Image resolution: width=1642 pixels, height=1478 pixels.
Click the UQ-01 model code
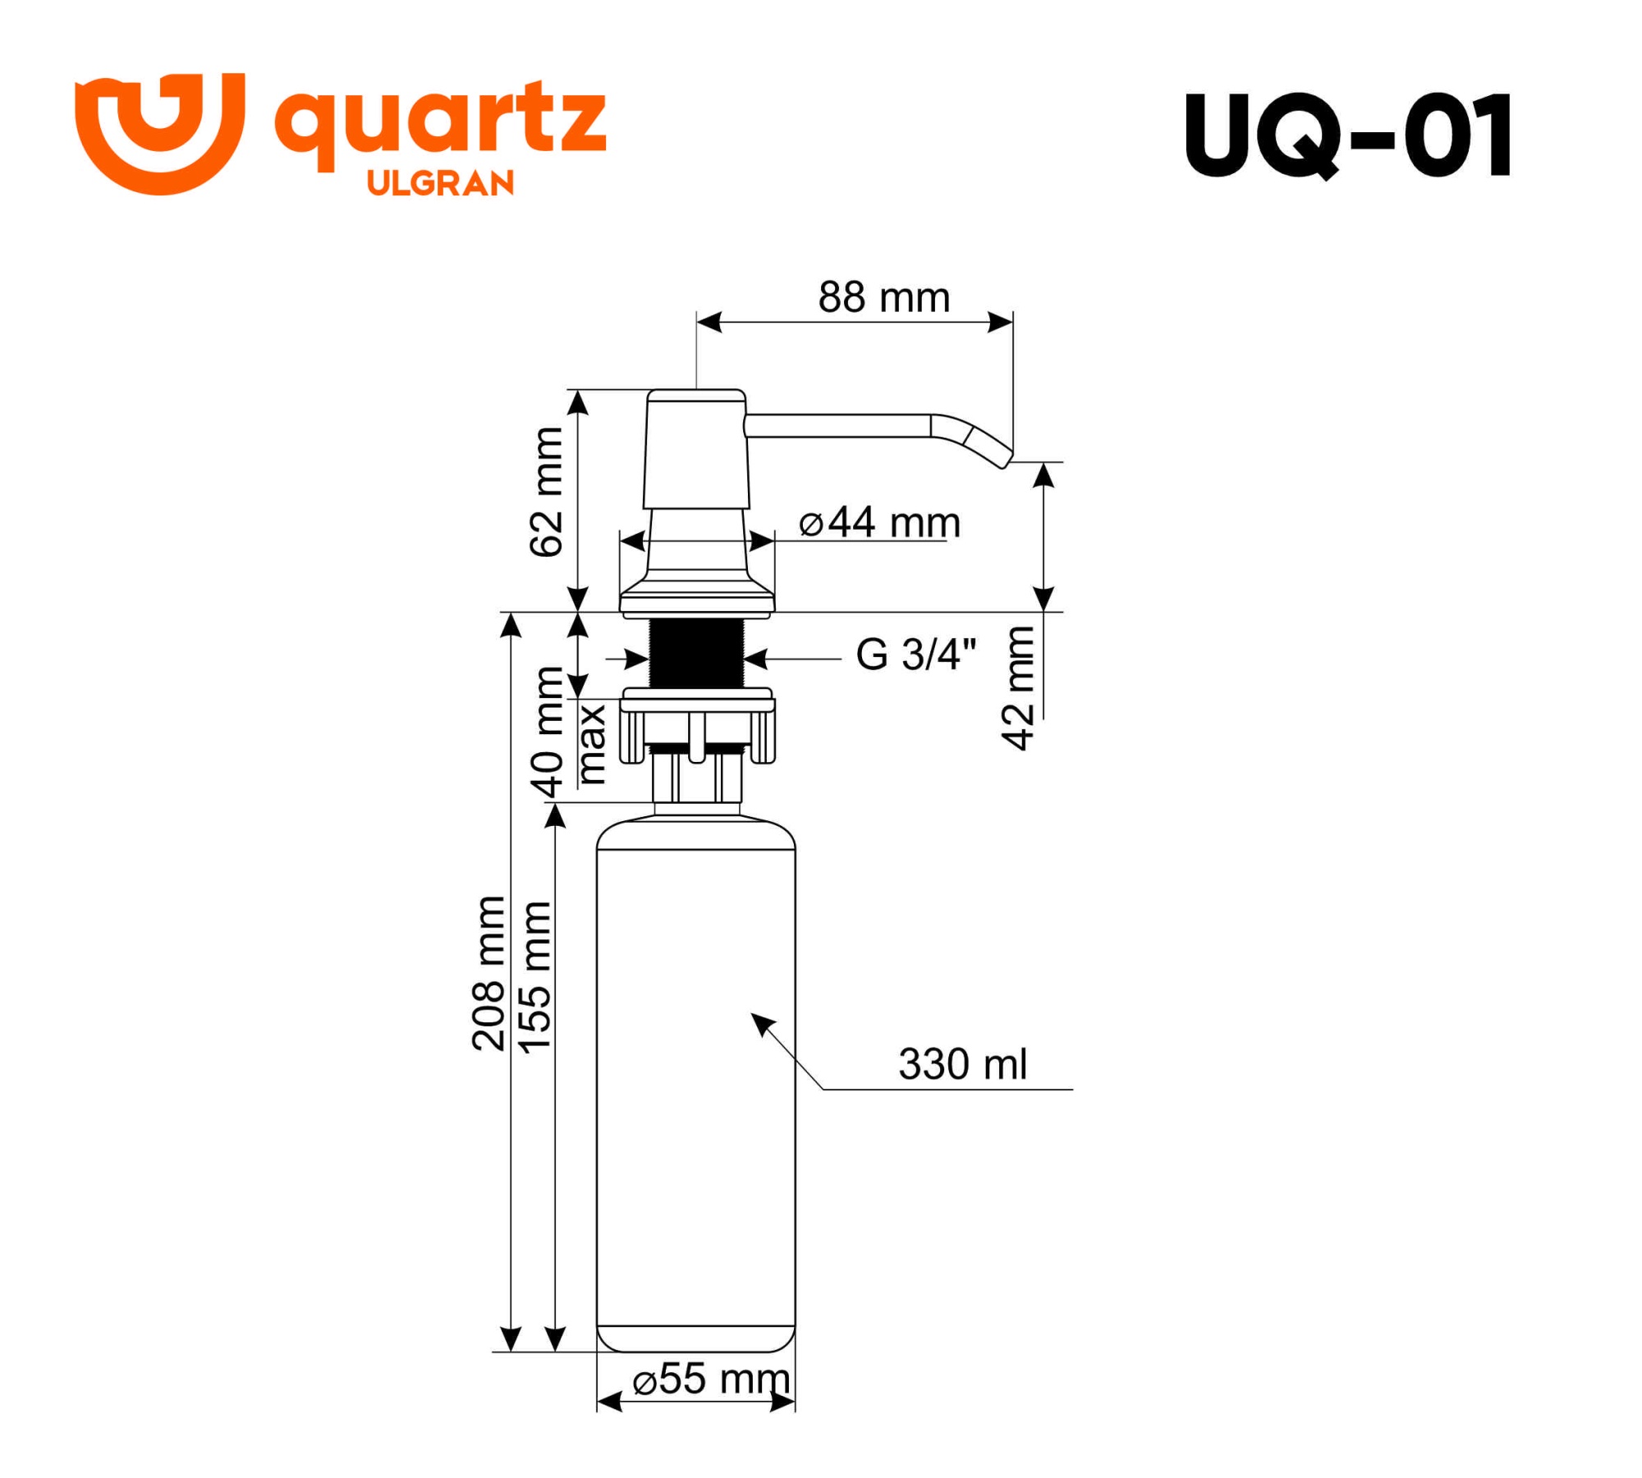point(1347,135)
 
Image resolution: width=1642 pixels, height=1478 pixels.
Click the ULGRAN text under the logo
point(440,183)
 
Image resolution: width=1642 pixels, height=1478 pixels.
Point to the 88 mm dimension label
point(883,297)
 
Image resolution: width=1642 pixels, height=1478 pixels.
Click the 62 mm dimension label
point(547,492)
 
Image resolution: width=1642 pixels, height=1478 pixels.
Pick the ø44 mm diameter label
point(878,523)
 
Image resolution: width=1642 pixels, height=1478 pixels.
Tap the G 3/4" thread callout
point(915,655)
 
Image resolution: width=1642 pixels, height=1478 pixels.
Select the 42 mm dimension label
point(1019,688)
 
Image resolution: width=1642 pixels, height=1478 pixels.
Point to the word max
point(591,744)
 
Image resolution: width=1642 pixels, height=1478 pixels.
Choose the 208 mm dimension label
point(489,974)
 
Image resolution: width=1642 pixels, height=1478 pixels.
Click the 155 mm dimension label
point(534,977)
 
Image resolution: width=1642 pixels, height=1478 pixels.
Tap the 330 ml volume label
point(961,1065)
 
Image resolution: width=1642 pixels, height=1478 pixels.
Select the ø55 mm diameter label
point(711,1379)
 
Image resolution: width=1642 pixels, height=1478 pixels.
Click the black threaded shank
point(696,654)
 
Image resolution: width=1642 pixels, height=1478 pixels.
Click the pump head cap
point(696,448)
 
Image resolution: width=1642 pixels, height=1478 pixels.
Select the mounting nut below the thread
point(696,727)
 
